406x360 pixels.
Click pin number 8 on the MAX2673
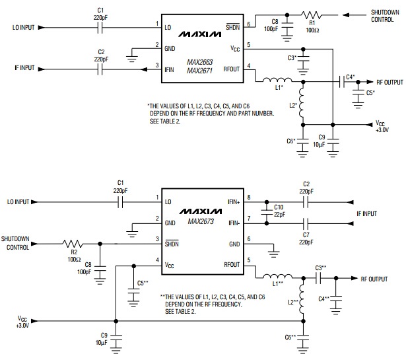point(249,197)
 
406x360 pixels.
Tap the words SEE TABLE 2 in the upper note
point(170,120)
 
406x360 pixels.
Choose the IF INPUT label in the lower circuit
point(367,213)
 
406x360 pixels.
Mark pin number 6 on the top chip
point(249,24)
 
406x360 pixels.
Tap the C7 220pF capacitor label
point(305,238)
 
